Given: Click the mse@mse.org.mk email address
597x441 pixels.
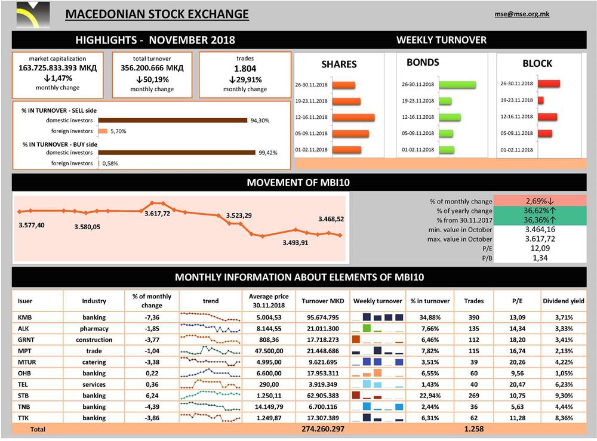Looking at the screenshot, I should point(522,14).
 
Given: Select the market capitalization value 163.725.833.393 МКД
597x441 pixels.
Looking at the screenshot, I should point(57,68).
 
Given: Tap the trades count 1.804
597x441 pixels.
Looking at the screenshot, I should point(245,68).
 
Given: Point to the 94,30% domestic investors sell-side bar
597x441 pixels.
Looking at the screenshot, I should point(172,120).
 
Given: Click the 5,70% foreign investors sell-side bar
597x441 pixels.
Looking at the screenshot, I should point(102,131).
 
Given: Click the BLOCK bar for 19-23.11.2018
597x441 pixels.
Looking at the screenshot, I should point(541,100).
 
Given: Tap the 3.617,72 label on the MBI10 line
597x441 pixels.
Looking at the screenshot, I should point(157,213).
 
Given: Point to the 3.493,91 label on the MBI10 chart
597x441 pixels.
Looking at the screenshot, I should point(295,242).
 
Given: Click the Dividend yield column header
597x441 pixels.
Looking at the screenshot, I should point(563,301).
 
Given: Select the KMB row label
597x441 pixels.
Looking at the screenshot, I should point(25,317).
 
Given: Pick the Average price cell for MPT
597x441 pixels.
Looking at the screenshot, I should point(268,351).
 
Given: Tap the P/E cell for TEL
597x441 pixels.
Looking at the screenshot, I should point(518,384).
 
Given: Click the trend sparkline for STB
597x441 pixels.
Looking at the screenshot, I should point(211,395).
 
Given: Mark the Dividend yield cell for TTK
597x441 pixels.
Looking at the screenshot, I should point(562,418).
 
